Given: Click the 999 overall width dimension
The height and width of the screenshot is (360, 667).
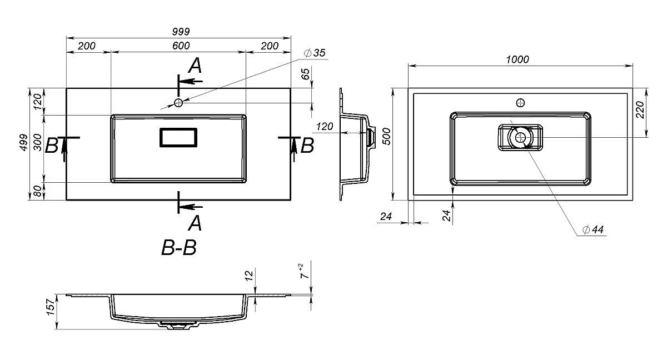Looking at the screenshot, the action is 181,32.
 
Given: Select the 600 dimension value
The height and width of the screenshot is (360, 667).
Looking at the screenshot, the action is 181,46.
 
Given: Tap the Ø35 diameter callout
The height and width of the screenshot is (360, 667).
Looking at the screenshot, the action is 315,53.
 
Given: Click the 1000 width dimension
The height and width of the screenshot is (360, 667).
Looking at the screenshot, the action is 517,59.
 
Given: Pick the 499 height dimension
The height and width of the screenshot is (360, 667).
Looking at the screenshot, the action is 24,143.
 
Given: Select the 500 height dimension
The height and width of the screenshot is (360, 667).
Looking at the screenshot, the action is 386,136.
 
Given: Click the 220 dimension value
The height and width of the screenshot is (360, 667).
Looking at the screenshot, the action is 640,110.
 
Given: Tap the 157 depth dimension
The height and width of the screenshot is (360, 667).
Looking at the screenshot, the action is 51,307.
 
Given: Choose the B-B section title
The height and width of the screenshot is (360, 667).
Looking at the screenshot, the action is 179,248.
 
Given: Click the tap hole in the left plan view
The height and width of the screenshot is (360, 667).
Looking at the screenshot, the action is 178,103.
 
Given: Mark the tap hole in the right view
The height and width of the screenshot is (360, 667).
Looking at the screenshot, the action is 520,103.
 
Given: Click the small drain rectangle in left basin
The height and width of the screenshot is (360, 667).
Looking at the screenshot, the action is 178,137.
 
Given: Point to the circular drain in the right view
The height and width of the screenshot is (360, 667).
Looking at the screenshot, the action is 520,137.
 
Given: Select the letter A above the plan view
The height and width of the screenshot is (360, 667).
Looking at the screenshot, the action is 195,66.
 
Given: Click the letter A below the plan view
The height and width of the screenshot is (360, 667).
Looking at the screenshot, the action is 195,223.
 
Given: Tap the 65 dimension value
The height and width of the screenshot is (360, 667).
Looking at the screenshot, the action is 306,74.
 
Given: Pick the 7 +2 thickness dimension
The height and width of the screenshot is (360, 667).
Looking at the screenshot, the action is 305,271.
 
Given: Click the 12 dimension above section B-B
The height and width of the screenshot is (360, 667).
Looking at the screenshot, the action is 249,275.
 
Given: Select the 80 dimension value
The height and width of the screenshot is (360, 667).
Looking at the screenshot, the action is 37,191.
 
